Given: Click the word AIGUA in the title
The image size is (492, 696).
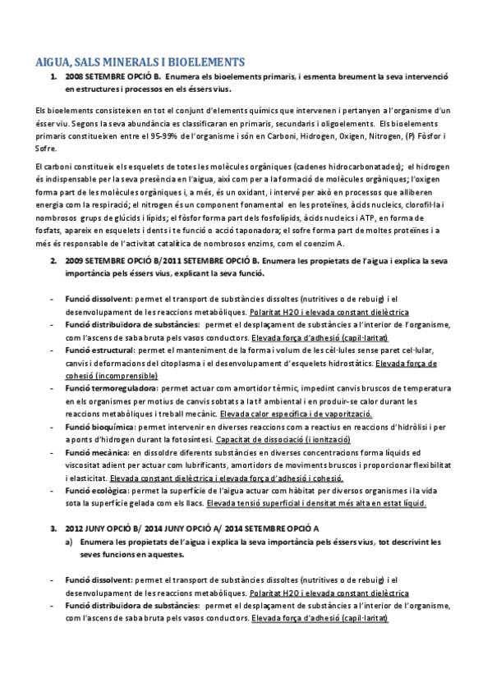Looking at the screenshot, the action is click(x=53, y=61).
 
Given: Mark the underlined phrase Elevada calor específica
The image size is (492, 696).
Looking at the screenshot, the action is click(x=267, y=415).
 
